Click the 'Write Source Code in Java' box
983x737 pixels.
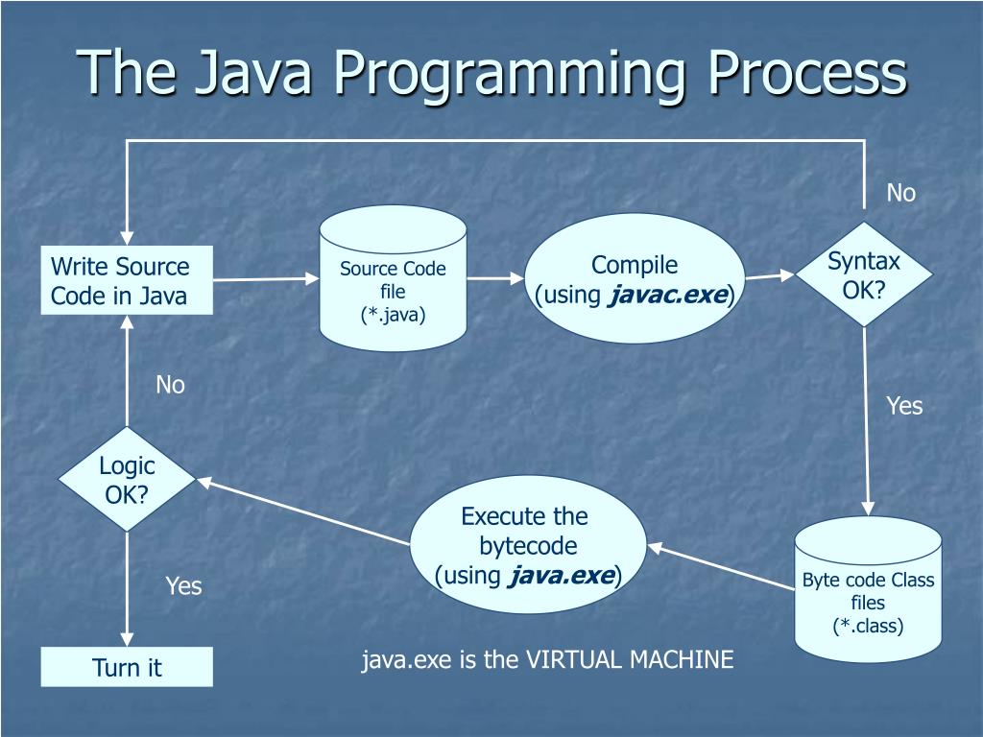pyautogui.click(x=127, y=280)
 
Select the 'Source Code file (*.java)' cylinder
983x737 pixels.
pyautogui.click(x=393, y=280)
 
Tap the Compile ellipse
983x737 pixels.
pyautogui.click(x=635, y=278)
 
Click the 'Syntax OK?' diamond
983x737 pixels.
pyautogui.click(x=864, y=275)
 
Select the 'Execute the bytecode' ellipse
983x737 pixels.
pyautogui.click(x=528, y=545)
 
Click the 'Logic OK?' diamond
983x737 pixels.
pyautogui.click(x=127, y=480)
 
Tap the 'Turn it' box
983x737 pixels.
pyautogui.click(x=127, y=668)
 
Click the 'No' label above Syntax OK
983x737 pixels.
pyautogui.click(x=900, y=193)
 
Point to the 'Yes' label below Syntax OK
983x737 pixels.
pyautogui.click(x=903, y=406)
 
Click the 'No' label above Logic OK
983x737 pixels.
pyautogui.click(x=170, y=385)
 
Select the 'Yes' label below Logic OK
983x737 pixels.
pyautogui.click(x=183, y=585)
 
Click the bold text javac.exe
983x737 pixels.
pyautogui.click(x=668, y=295)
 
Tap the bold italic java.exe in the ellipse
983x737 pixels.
pyautogui.click(x=563, y=576)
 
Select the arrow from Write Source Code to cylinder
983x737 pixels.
pyautogui.click(x=265, y=279)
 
